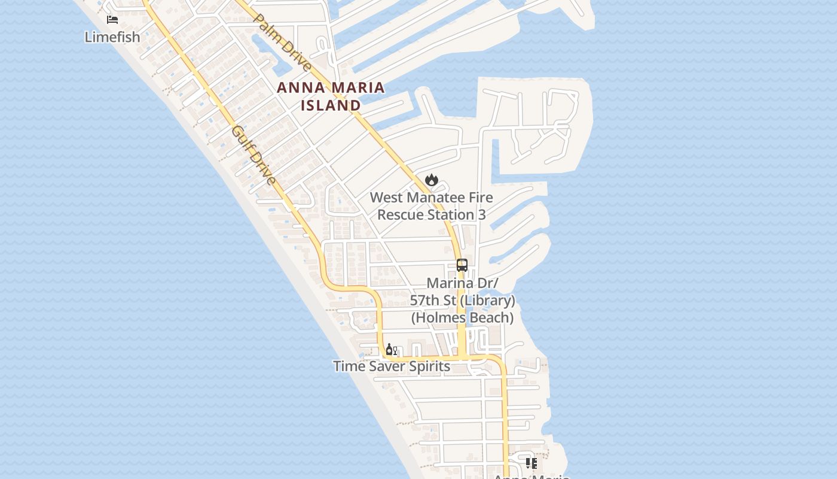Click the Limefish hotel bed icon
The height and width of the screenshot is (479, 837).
(112, 20)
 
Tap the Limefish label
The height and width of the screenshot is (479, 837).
(112, 37)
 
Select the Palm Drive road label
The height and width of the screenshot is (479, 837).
(282, 43)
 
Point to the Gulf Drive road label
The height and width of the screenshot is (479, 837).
(254, 155)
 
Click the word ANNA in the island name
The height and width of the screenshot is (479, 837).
(302, 88)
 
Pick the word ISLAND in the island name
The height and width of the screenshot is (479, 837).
(331, 106)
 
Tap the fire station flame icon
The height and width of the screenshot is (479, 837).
(432, 180)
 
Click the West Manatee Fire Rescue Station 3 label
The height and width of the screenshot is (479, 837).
(431, 206)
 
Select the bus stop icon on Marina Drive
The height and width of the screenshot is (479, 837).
(462, 265)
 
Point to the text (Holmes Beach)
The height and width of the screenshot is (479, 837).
(462, 318)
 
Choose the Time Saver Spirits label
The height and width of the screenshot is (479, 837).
(392, 366)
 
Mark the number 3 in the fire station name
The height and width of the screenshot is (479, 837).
(481, 215)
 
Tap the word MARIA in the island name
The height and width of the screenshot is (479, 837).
(358, 88)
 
